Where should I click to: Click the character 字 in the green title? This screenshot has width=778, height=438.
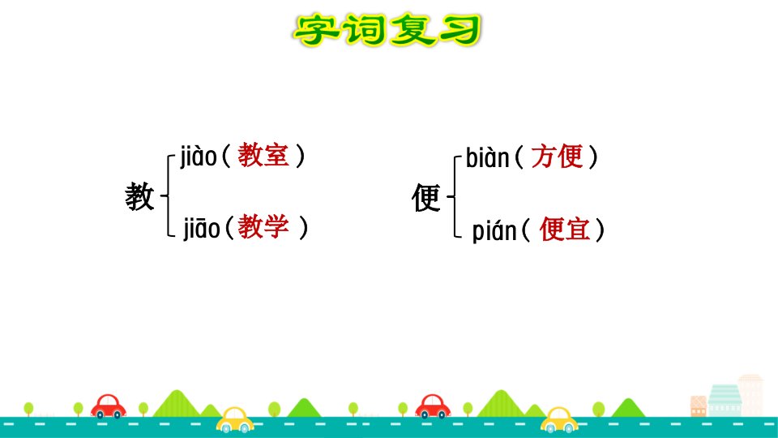[x=317, y=30]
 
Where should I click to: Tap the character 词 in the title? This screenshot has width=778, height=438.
[x=363, y=30]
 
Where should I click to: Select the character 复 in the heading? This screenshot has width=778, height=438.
[x=410, y=30]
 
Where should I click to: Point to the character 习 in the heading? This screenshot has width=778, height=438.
[x=457, y=30]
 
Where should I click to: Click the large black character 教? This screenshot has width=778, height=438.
[x=139, y=196]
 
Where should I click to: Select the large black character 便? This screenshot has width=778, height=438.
[x=425, y=197]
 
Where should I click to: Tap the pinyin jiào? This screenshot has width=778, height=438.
[x=198, y=157]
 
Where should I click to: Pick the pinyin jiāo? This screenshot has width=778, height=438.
[x=202, y=229]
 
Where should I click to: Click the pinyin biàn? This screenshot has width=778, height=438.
[x=487, y=157]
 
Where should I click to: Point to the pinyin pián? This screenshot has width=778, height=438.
[x=494, y=231]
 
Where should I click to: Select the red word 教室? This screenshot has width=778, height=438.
[x=263, y=155]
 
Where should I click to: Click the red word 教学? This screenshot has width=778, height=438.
[x=263, y=227]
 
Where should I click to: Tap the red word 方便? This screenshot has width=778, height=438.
[x=557, y=157]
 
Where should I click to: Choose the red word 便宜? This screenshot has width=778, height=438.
[x=565, y=230]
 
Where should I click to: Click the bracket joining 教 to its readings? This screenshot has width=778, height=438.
[x=169, y=196]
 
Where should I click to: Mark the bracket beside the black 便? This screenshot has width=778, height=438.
[x=455, y=197]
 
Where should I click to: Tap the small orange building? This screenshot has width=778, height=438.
[x=698, y=406]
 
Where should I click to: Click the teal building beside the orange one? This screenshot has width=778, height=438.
[x=725, y=400]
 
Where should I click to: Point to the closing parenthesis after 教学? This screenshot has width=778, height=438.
[x=303, y=227]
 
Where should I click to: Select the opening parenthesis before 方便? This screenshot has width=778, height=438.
[x=519, y=157]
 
